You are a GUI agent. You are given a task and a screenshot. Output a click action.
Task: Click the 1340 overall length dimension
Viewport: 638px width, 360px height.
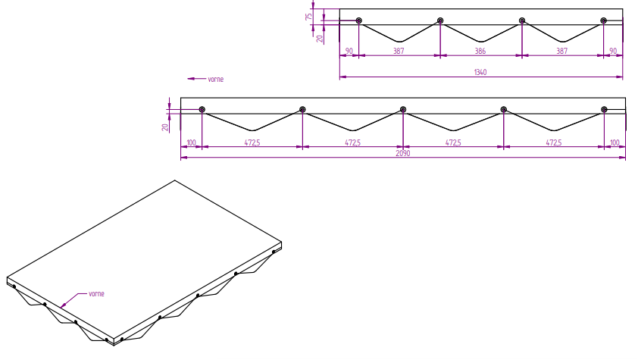click(x=480, y=73)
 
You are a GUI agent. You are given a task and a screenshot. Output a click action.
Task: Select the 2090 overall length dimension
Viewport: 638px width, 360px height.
click(x=403, y=153)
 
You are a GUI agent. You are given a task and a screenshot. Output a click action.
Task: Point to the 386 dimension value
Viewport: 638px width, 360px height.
click(x=480, y=52)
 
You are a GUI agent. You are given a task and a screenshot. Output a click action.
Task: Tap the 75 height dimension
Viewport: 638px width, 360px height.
click(x=309, y=17)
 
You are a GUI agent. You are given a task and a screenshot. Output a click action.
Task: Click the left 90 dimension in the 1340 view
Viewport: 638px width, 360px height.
click(x=349, y=52)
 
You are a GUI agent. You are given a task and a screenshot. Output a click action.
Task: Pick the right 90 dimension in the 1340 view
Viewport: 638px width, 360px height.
click(x=613, y=52)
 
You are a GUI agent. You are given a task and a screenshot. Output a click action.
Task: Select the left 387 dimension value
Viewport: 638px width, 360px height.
click(x=399, y=52)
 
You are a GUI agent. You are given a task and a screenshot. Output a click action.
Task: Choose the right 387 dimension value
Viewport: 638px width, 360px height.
click(x=562, y=52)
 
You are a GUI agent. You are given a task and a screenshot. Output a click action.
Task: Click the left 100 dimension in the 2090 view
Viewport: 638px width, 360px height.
click(x=191, y=142)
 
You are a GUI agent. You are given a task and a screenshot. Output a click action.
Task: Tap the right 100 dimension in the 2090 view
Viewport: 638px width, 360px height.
click(x=615, y=142)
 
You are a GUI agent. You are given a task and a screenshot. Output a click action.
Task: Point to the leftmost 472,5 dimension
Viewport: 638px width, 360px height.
click(x=252, y=142)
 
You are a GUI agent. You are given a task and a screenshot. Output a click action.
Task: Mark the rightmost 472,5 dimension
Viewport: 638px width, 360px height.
click(x=554, y=142)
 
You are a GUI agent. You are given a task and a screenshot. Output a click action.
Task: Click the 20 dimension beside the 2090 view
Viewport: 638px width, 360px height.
click(x=165, y=127)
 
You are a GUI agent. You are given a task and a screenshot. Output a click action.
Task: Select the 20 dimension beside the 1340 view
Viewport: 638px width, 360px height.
click(x=320, y=39)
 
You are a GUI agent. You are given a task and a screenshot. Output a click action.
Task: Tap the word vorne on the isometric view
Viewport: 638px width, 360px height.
click(x=96, y=294)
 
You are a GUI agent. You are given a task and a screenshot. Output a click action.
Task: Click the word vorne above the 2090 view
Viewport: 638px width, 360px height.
click(x=216, y=80)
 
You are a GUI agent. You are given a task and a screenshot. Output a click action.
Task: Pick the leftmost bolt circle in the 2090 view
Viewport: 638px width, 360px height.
click(x=202, y=109)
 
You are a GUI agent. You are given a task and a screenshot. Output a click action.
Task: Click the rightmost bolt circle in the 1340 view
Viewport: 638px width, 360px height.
click(x=603, y=20)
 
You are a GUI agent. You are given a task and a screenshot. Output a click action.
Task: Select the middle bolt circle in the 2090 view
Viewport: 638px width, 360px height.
click(x=403, y=109)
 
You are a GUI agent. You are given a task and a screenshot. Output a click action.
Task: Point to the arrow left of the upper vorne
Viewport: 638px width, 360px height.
click(x=196, y=79)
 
